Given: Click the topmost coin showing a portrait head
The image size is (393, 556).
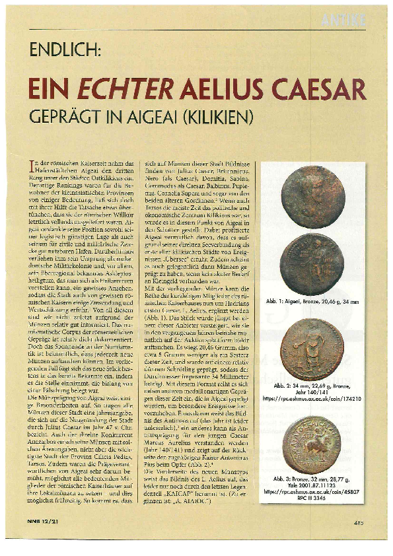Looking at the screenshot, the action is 312,197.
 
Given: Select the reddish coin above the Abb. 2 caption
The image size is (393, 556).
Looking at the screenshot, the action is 312,347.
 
